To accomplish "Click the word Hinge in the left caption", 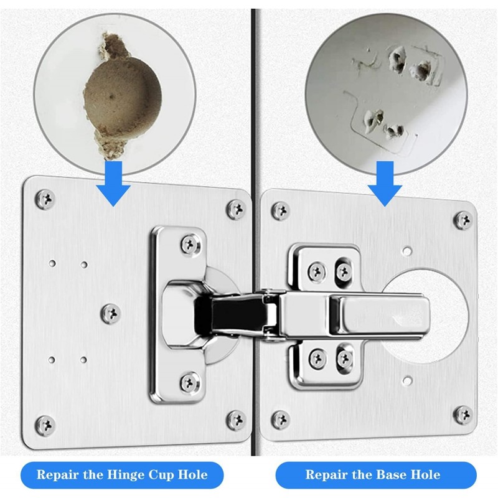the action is tap(126, 476).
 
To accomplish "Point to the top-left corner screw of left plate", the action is tap(45, 199).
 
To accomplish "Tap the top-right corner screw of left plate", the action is tap(237, 209).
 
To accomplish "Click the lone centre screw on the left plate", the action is tap(111, 314).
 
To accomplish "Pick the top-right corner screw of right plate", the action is tap(463, 220).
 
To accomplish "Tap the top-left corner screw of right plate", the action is tap(281, 210).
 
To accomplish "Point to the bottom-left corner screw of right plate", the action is tap(281, 420).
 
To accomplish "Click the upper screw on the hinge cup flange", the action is tap(190, 244).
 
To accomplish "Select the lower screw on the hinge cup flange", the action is tap(190, 382).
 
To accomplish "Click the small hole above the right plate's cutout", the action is tap(406, 251).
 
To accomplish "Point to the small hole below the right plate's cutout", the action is tap(407, 380).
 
